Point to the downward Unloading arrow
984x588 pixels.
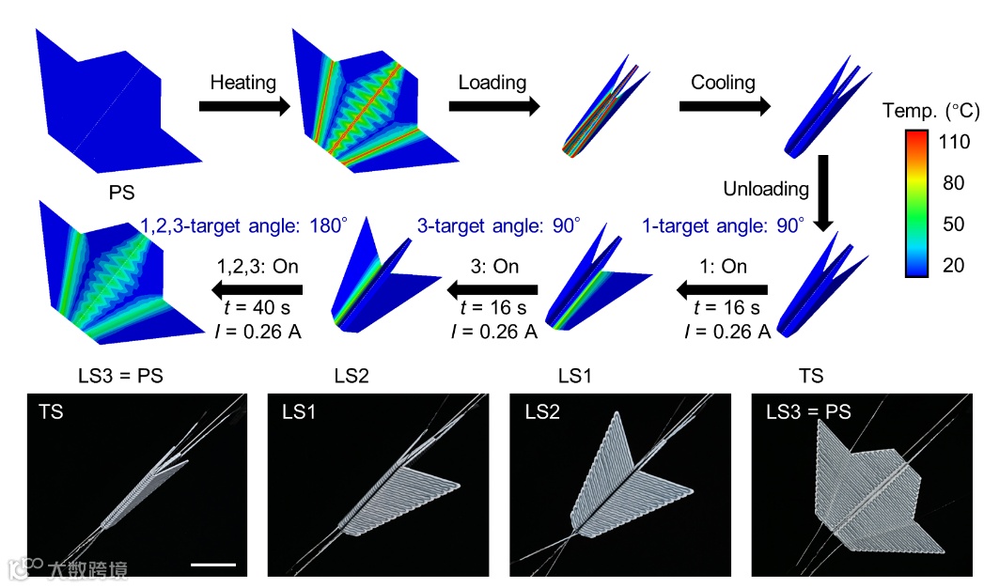[x=821, y=193]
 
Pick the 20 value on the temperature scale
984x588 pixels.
[x=953, y=266]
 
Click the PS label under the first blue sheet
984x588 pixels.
[x=122, y=193]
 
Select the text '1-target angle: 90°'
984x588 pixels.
[x=724, y=225]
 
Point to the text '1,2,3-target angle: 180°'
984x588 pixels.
[x=243, y=225]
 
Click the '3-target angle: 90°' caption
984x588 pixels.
[x=498, y=225]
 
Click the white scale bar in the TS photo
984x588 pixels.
[x=212, y=564]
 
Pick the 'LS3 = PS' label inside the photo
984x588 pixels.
[x=808, y=411]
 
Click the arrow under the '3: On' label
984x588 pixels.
[x=492, y=288]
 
